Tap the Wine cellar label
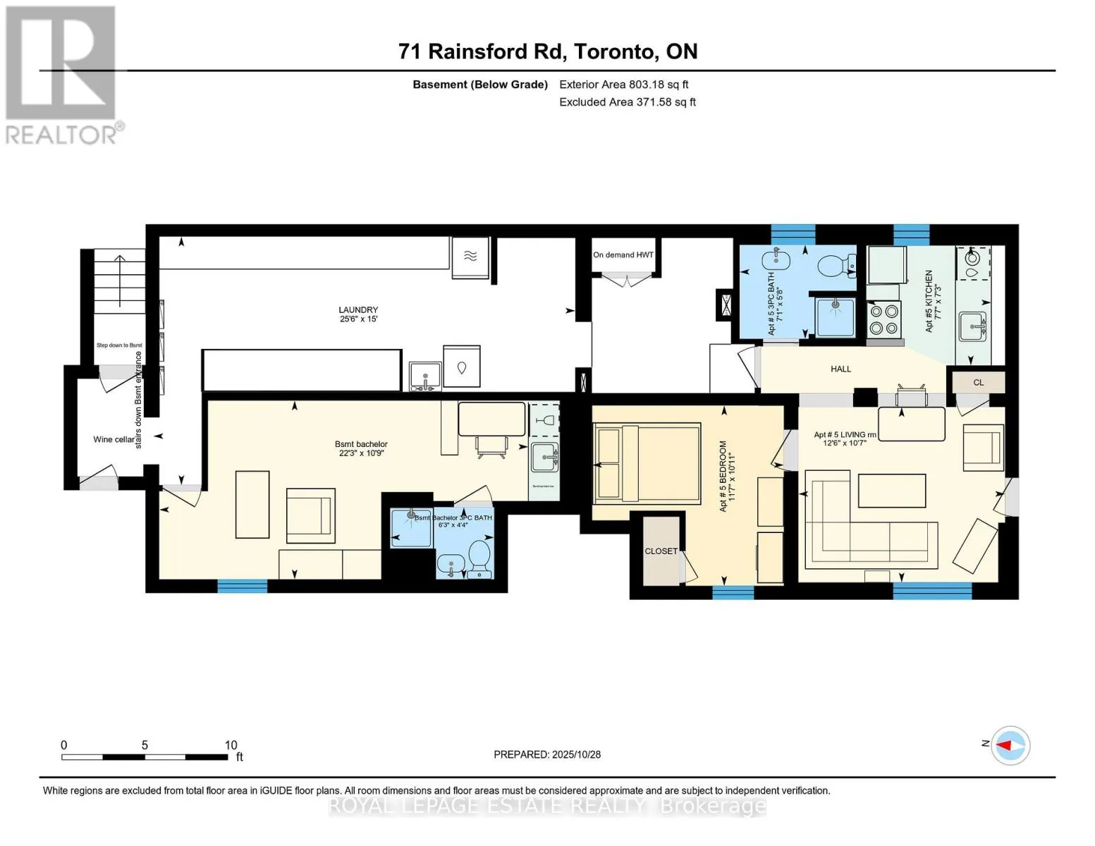coord(114,439)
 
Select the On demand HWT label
coord(623,255)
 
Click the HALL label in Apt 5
coord(840,369)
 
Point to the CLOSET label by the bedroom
coord(661,551)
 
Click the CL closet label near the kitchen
coord(978,383)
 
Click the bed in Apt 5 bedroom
coord(647,463)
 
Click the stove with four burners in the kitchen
coord(884,319)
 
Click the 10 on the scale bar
coord(231,745)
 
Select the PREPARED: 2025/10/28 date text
coord(547,754)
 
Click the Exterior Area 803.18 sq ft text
coord(623,85)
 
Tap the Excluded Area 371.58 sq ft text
coord(627,102)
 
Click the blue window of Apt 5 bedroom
coord(733,592)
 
